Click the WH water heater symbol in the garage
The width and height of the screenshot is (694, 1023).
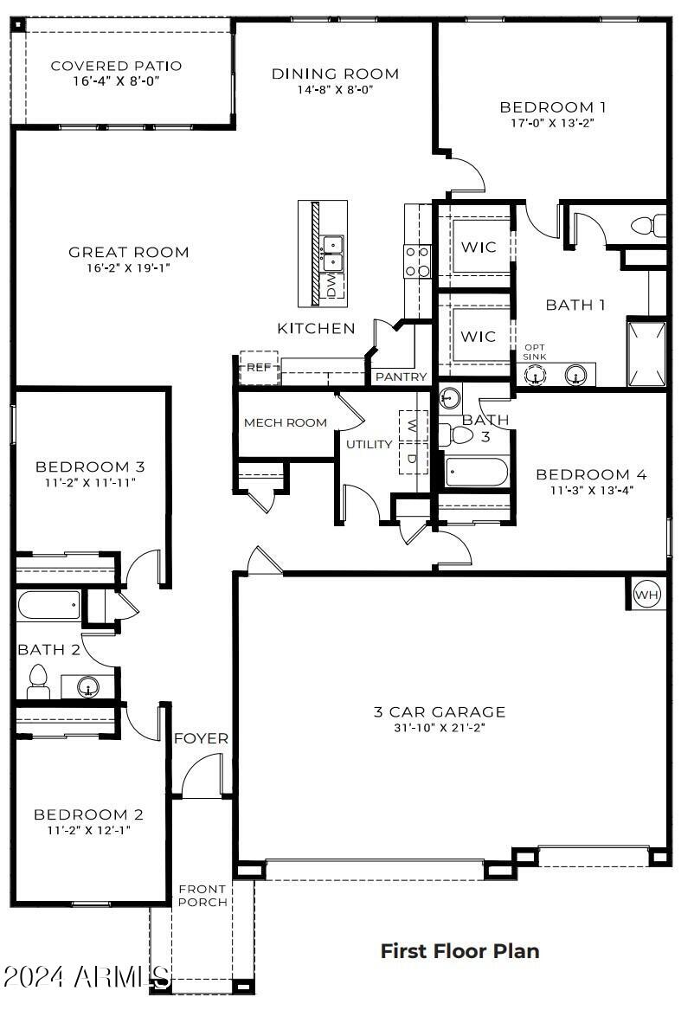click(x=646, y=595)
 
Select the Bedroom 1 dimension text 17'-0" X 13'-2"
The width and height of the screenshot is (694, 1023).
click(x=552, y=123)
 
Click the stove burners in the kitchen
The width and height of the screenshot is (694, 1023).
click(x=418, y=261)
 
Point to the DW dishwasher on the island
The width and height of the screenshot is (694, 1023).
click(x=331, y=285)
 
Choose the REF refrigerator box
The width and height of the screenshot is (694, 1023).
click(x=259, y=367)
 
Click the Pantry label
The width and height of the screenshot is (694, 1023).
click(x=401, y=377)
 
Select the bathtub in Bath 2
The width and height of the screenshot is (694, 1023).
click(x=49, y=605)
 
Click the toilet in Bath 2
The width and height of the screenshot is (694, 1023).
click(x=37, y=680)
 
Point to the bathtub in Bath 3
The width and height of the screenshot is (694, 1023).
click(x=477, y=473)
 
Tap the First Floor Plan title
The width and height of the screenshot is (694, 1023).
click(x=459, y=950)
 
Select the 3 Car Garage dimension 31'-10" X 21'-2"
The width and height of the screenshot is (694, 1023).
click(x=440, y=728)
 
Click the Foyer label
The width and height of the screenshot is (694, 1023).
click(x=201, y=738)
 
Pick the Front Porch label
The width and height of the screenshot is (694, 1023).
click(x=202, y=896)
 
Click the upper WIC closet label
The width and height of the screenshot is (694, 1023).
click(x=478, y=248)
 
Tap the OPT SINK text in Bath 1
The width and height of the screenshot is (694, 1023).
click(x=534, y=352)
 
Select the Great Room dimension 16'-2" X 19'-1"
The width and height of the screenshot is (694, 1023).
click(x=128, y=267)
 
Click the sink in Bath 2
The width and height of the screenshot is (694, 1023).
click(x=88, y=688)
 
